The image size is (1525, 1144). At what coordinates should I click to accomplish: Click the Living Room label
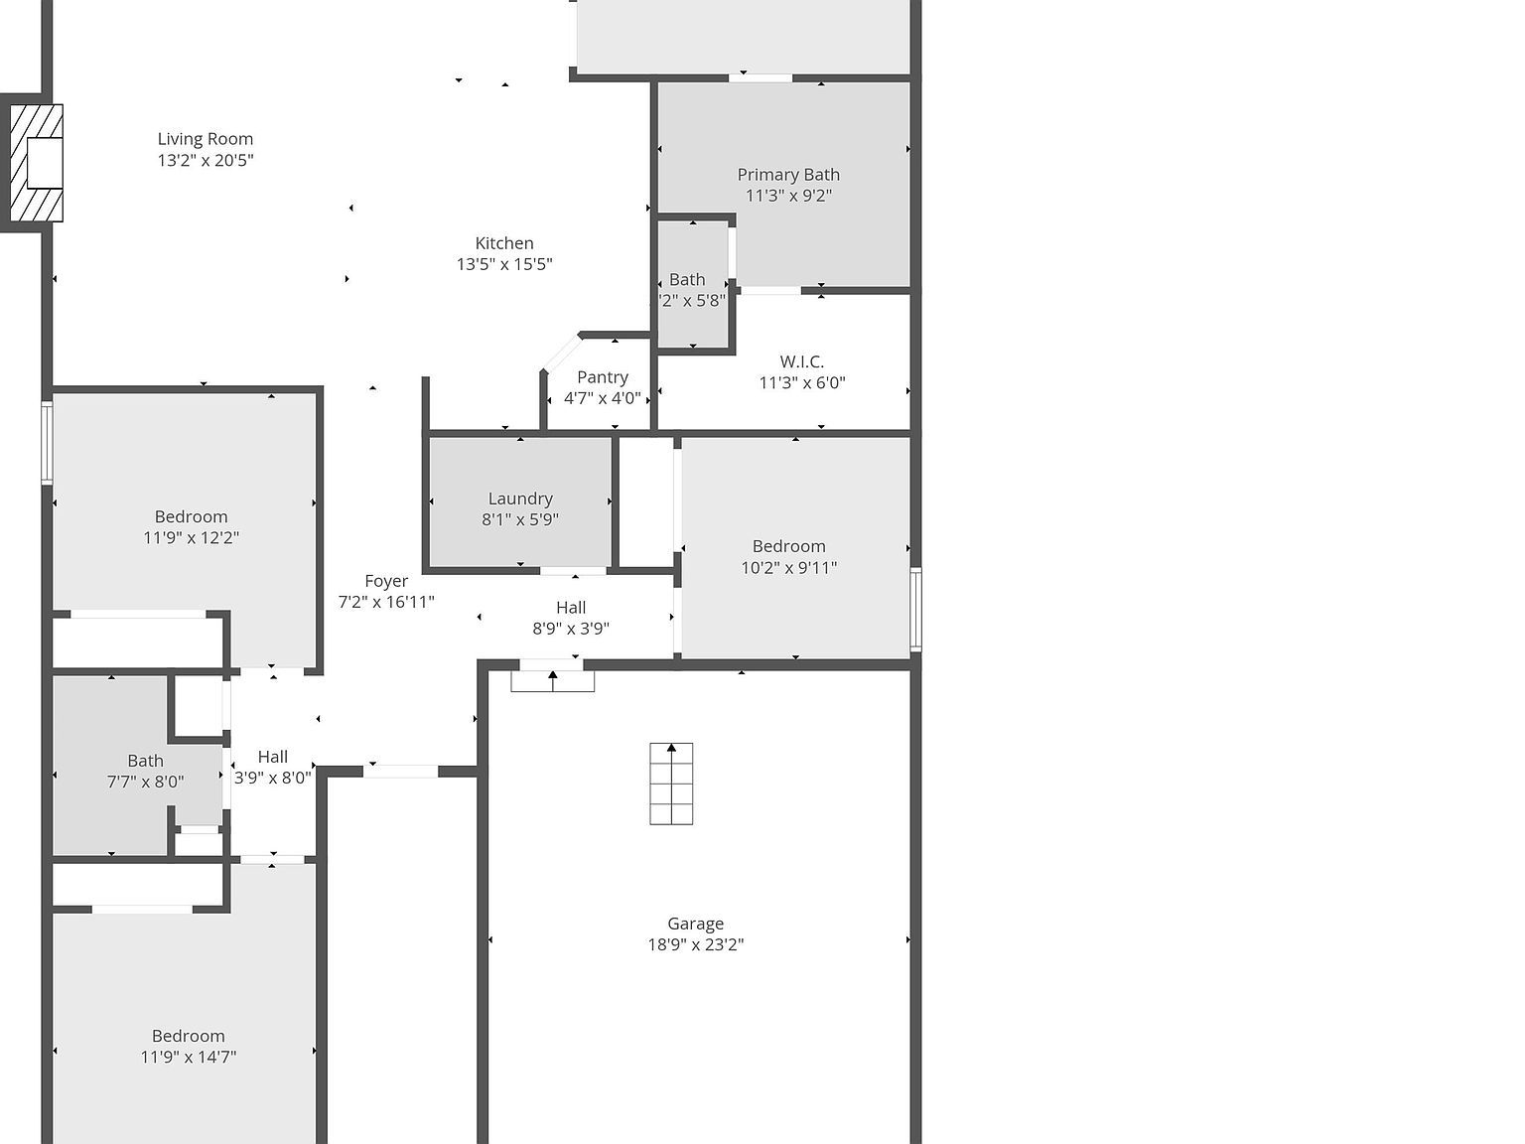click(206, 139)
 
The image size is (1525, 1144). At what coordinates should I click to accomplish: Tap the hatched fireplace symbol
click(37, 163)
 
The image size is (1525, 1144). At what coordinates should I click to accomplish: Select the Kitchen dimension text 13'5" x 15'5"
click(504, 264)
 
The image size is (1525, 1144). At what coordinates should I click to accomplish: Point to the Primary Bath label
click(788, 175)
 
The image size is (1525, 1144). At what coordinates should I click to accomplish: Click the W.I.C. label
click(801, 361)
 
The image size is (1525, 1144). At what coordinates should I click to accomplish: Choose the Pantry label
click(603, 377)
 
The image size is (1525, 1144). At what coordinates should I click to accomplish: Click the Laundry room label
click(520, 499)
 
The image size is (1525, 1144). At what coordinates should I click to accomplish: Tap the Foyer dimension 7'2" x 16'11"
click(386, 602)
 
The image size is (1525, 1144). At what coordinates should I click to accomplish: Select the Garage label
click(695, 924)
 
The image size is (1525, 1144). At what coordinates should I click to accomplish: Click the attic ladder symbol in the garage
click(671, 784)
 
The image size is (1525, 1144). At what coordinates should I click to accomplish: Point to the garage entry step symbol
click(552, 680)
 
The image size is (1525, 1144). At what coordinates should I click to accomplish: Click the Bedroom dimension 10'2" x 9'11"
click(789, 568)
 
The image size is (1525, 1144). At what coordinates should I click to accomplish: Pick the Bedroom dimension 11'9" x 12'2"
click(192, 538)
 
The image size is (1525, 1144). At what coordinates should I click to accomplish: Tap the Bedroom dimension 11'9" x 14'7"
click(189, 1058)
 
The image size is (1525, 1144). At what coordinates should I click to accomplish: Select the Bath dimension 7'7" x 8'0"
click(145, 782)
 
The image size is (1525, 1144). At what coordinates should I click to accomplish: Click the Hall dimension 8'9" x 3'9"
click(571, 629)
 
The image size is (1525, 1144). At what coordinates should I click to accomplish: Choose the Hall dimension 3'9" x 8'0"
click(273, 778)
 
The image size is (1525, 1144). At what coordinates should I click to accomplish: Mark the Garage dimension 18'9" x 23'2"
click(696, 945)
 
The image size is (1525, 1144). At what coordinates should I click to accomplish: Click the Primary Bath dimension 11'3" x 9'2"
click(788, 197)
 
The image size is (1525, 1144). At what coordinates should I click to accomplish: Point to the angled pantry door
click(562, 353)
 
